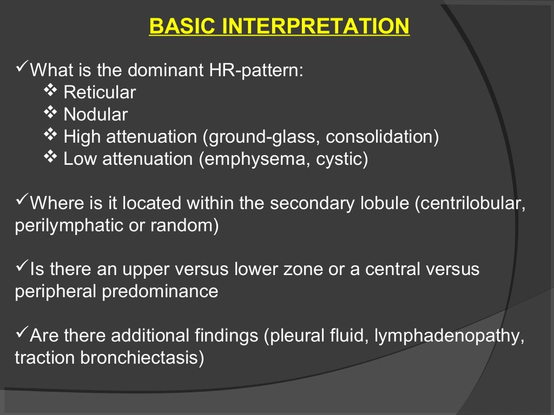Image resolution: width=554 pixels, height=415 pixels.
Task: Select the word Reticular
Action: coord(100,93)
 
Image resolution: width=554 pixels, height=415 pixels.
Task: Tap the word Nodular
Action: coord(96,115)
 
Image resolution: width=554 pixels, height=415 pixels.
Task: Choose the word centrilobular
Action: coord(469,204)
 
